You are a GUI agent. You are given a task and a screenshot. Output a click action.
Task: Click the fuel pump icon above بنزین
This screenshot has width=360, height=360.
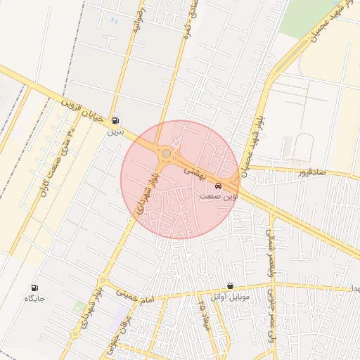coord(115,120)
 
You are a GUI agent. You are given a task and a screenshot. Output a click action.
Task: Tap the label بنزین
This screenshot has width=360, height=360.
coord(115,131)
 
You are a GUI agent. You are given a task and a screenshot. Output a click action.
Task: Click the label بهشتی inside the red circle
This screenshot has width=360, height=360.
coord(195,170)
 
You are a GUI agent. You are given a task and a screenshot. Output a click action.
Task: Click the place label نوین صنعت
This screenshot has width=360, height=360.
coord(219,197)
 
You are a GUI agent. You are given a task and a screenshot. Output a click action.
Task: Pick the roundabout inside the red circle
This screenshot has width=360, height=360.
coord(167,153)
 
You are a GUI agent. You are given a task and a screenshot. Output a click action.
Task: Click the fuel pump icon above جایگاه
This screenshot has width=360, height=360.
coord(35,288)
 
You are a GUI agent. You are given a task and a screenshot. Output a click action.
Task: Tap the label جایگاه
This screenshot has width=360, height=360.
coord(35,299)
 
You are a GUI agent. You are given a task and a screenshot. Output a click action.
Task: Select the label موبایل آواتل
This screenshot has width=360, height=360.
coord(226,296)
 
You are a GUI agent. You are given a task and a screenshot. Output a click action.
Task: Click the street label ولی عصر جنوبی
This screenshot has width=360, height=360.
coord(269,328)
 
